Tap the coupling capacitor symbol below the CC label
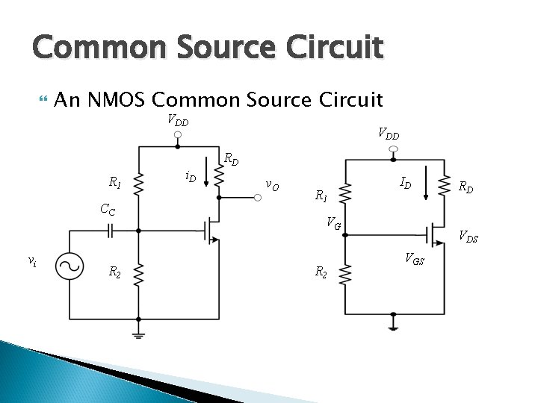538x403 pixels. pyautogui.click(x=110, y=231)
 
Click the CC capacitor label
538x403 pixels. pyautogui.click(x=108, y=210)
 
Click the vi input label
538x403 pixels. pyautogui.click(x=32, y=260)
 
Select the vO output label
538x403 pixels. pyautogui.click(x=273, y=185)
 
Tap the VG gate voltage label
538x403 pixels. pyautogui.click(x=333, y=222)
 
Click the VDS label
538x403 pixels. pyautogui.click(x=469, y=238)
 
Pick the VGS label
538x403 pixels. pyautogui.click(x=415, y=259)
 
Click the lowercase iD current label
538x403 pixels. pyautogui.click(x=190, y=178)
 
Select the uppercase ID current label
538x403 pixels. pyautogui.click(x=404, y=181)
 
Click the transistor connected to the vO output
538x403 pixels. pyautogui.click(x=211, y=231)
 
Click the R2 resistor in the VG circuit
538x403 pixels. pyautogui.click(x=344, y=275)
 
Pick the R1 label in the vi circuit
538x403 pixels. pyautogui.click(x=115, y=181)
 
